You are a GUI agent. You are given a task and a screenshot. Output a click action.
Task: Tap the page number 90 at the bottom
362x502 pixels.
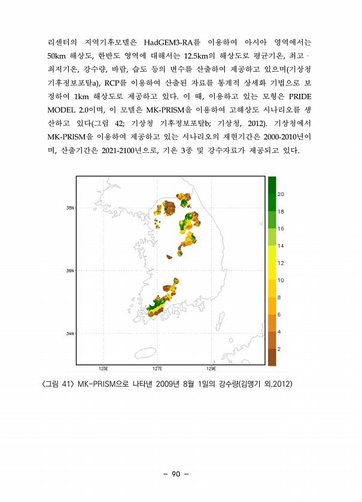point(175,475)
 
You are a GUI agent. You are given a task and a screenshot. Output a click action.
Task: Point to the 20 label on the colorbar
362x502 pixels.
point(281,194)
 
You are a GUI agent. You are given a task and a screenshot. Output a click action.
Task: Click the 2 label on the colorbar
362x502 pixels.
point(279,348)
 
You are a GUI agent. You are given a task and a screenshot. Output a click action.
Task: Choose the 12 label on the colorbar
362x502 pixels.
point(281,263)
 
